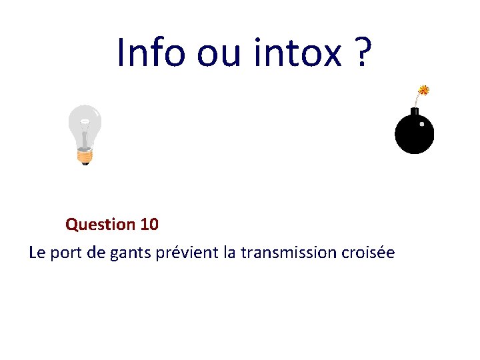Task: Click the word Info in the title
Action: [151, 52]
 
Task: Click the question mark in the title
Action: [361, 52]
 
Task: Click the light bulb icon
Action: [85, 133]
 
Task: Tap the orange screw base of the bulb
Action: [84, 157]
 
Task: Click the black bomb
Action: [414, 131]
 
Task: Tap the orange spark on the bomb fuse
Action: [423, 90]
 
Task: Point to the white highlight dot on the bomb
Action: [422, 124]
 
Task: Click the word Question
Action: [101, 225]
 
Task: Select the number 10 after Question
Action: [150, 225]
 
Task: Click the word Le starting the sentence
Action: [37, 253]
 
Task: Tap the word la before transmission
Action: [230, 253]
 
